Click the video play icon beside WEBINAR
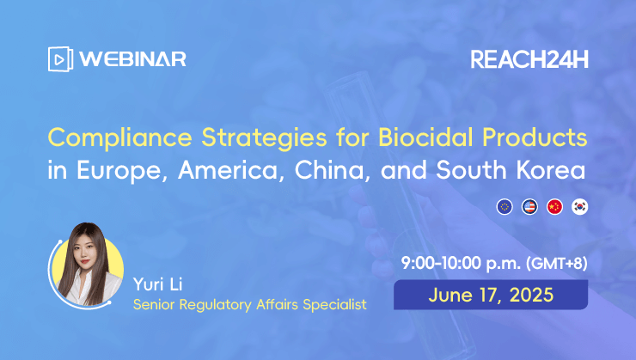point(60,59)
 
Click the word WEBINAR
point(132,59)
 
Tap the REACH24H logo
point(529,59)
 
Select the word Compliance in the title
point(120,137)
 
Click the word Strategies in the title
point(264,137)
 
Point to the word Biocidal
point(425,137)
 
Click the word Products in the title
point(535,137)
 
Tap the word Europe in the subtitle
point(122,170)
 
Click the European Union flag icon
point(505,207)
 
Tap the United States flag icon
point(529,207)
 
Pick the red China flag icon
point(554,207)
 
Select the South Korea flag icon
point(579,207)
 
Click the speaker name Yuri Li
point(158,284)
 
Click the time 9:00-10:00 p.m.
point(462,264)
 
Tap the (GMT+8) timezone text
point(557,264)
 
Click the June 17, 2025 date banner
point(491,295)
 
